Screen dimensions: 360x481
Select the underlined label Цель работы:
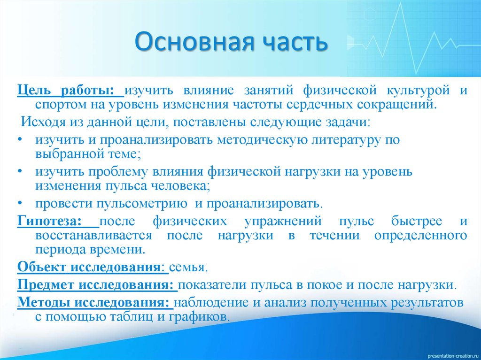click(70, 90)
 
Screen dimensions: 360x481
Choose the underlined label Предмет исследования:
click(97, 285)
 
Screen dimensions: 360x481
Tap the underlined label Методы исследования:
click(95, 302)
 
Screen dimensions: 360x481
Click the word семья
click(188, 268)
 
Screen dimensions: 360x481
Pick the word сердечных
click(323, 104)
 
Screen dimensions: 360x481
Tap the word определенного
click(420, 235)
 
